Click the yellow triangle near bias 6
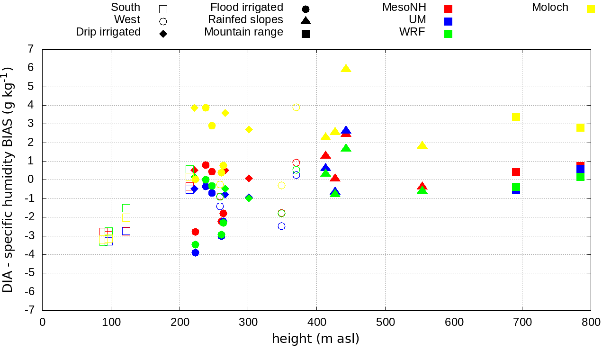[346, 68]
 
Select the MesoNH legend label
[404, 8]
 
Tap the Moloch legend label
[550, 8]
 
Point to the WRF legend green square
[448, 34]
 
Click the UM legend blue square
[448, 21]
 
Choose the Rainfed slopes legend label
[245, 20]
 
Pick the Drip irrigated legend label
[108, 32]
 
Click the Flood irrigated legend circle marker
[305, 9]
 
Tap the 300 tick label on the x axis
[248, 323]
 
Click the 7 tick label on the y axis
[31, 49]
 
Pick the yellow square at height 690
[516, 117]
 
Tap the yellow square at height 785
[580, 128]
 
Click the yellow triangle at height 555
[422, 145]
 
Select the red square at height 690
[516, 172]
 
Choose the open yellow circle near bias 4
[296, 107]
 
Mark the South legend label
[126, 8]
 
